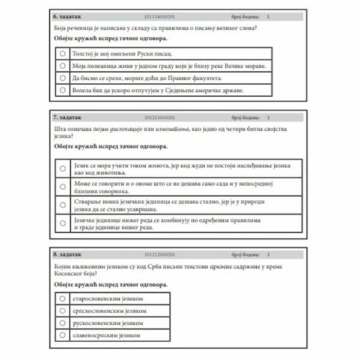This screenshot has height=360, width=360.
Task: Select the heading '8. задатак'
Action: [67, 254]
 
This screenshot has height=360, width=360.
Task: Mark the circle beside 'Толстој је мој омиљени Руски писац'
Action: [62, 53]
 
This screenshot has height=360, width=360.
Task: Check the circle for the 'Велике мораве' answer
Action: [62, 65]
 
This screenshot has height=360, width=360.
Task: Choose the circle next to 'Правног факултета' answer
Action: [62, 78]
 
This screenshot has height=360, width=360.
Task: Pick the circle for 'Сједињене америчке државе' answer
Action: [62, 91]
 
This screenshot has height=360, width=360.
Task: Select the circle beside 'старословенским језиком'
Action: [62, 298]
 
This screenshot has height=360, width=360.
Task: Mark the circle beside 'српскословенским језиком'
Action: [62, 310]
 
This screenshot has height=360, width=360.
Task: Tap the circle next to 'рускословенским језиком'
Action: [62, 323]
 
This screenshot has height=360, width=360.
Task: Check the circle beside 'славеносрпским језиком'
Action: [62, 335]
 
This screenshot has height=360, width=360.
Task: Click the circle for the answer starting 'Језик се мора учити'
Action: [62, 169]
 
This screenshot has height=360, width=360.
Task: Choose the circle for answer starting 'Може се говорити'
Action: [62, 187]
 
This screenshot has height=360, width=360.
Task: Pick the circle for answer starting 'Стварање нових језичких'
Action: [62, 205]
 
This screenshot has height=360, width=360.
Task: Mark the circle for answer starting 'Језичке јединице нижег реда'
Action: [62, 223]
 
